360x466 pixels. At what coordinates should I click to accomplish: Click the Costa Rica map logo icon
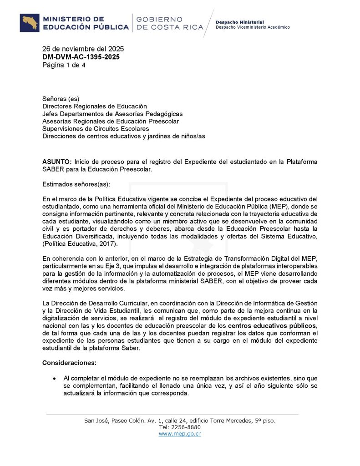30,23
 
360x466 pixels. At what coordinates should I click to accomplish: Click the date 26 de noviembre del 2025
83,49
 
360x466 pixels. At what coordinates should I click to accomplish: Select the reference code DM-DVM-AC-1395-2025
81,57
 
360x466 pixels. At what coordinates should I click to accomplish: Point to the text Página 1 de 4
64,65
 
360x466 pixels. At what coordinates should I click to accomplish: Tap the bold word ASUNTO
57,162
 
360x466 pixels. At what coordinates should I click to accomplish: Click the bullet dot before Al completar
55,378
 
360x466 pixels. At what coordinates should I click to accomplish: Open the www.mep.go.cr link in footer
180,434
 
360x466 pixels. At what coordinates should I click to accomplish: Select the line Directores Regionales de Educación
95,106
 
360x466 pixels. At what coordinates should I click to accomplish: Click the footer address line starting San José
180,420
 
